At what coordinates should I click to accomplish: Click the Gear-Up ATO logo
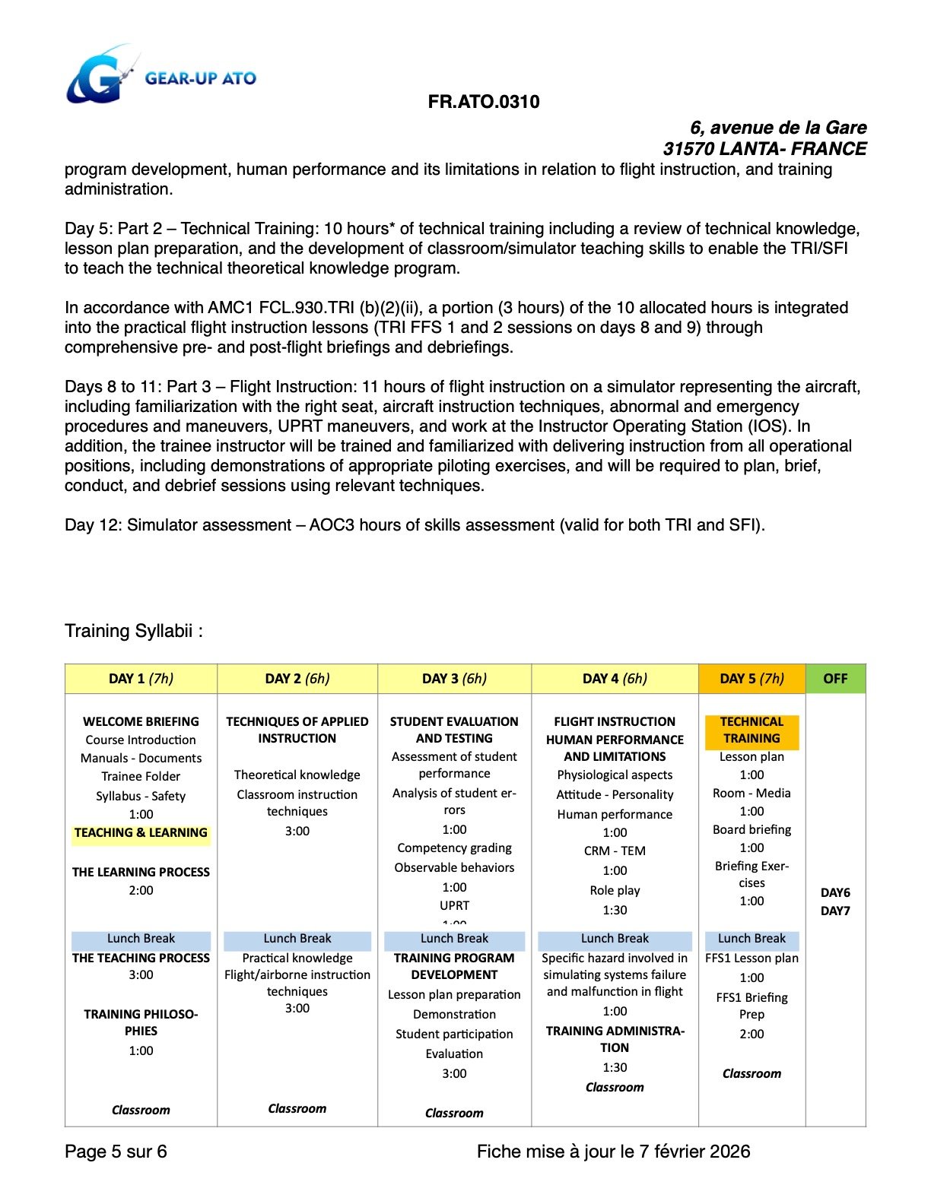coord(160,76)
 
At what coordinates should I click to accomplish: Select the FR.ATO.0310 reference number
coord(484,102)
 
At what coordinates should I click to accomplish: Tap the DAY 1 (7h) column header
coord(141,679)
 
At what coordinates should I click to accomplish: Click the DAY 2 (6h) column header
coord(297,679)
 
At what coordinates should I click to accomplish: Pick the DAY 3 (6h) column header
coord(454,679)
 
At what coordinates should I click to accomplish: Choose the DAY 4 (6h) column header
coord(615,679)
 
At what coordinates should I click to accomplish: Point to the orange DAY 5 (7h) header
coord(751,679)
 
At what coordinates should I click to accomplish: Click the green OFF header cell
coord(835,679)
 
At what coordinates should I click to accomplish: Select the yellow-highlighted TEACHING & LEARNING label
coord(141,833)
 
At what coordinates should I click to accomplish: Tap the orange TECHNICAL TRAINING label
coord(751,730)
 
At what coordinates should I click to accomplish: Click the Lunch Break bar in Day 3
coord(454,939)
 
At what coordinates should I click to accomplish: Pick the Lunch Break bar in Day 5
coord(751,939)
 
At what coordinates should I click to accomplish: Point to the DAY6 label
coord(835,892)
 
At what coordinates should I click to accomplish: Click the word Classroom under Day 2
coord(297,1108)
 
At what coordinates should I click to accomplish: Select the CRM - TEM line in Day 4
coord(615,851)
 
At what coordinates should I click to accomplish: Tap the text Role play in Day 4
coord(615,890)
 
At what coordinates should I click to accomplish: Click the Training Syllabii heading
coord(134,631)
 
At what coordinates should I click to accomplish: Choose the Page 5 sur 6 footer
coord(116,1152)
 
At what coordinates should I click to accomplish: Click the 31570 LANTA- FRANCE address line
coord(764,148)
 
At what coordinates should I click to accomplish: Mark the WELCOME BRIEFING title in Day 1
coord(141,721)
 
